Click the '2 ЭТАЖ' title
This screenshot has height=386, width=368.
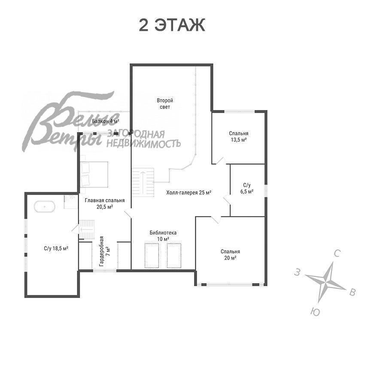[x=172, y=25]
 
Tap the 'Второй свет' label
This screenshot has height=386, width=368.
[x=165, y=104]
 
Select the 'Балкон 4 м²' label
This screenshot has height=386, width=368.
[x=106, y=121]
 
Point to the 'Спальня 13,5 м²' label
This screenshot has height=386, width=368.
[x=238, y=137]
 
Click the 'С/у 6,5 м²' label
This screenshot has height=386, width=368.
[x=247, y=188]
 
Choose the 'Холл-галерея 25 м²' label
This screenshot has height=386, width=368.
[x=189, y=193]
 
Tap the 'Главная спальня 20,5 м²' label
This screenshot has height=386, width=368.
[x=105, y=204]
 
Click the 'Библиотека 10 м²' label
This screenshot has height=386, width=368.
[x=163, y=235]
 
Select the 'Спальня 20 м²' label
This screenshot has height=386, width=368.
[x=230, y=254]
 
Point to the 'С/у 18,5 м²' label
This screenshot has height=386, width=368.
[x=56, y=248]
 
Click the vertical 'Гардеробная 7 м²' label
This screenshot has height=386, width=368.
[x=105, y=251]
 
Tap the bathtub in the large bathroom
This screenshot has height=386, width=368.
[x=45, y=207]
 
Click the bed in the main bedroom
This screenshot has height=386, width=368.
[x=94, y=174]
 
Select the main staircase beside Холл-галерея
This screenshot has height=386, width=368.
[x=143, y=182]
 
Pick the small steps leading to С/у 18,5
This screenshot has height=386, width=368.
[x=86, y=229]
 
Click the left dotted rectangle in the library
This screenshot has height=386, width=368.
[x=152, y=256]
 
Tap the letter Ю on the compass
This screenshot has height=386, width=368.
[x=315, y=312]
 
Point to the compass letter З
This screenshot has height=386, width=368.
[x=298, y=272]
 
